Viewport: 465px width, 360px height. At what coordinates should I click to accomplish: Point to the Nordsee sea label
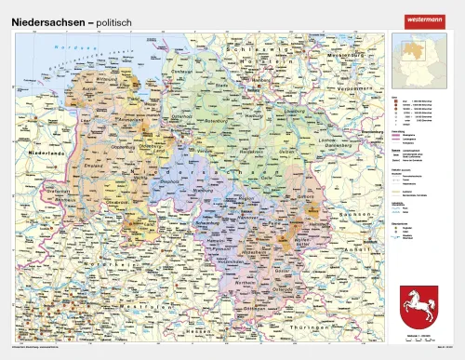pos(70,47)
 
